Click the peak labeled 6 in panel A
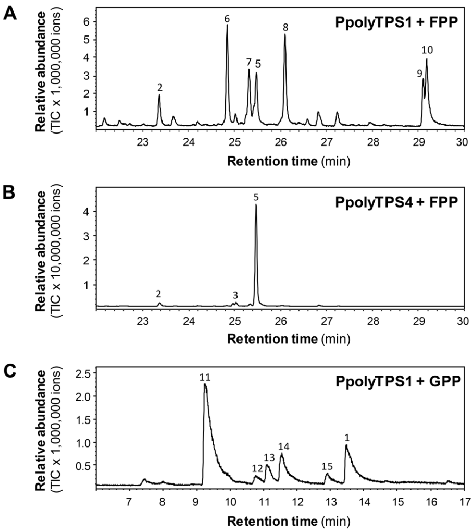[227, 26]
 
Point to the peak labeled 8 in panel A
[285, 37]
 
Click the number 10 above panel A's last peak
[427, 50]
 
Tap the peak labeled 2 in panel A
[159, 96]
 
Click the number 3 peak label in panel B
[235, 295]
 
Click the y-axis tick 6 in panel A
[88, 21]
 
